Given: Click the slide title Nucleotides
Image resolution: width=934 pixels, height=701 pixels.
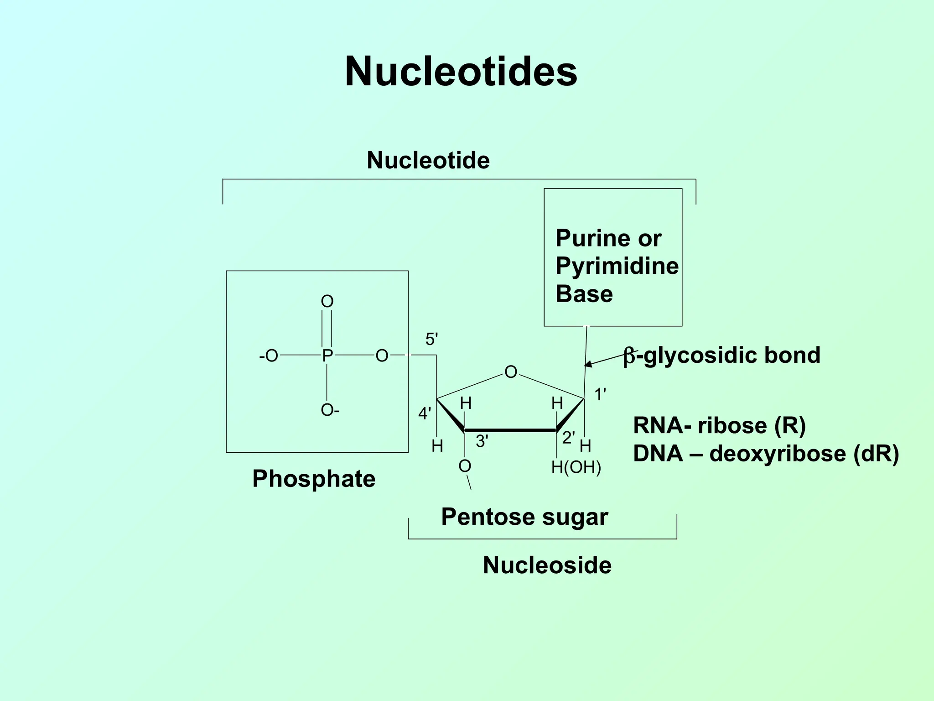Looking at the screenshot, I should tap(461, 72).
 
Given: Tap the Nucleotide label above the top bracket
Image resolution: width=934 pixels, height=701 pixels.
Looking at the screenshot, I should tap(428, 160).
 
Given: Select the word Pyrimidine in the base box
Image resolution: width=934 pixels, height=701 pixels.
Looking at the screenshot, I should tap(617, 266).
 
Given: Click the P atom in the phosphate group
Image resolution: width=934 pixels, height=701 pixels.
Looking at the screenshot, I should tap(327, 356).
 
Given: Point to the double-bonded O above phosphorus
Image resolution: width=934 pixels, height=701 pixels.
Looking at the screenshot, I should tap(327, 301).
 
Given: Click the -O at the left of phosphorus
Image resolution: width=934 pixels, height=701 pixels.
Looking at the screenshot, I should tap(269, 356).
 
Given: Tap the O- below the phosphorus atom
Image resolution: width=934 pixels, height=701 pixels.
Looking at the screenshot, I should tap(330, 410).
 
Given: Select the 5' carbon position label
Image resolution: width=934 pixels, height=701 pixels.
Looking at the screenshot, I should tap(431, 340).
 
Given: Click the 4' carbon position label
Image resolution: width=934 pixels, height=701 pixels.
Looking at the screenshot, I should tap(424, 414).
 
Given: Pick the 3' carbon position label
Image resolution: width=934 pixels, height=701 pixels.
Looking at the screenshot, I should tap(482, 441).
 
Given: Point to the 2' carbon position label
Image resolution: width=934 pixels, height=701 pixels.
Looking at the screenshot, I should tap(568, 438).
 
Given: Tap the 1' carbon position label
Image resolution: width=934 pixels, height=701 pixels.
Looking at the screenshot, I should tap(600, 394).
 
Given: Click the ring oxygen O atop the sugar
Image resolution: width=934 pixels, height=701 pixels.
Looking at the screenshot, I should tap(511, 372).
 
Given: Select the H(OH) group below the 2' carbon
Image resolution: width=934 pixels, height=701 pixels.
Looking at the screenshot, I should tap(576, 467).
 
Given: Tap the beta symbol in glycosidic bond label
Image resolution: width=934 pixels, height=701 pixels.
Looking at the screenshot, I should tap(629, 356).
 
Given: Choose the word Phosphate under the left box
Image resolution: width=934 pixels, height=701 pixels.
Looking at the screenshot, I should tap(314, 479).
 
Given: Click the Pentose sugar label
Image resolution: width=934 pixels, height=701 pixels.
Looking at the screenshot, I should tap(524, 517).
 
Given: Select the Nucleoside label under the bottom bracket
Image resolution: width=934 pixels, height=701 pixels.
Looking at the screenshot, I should tap(547, 565).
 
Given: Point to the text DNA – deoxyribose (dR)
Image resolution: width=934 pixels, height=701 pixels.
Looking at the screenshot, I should tap(766, 454).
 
